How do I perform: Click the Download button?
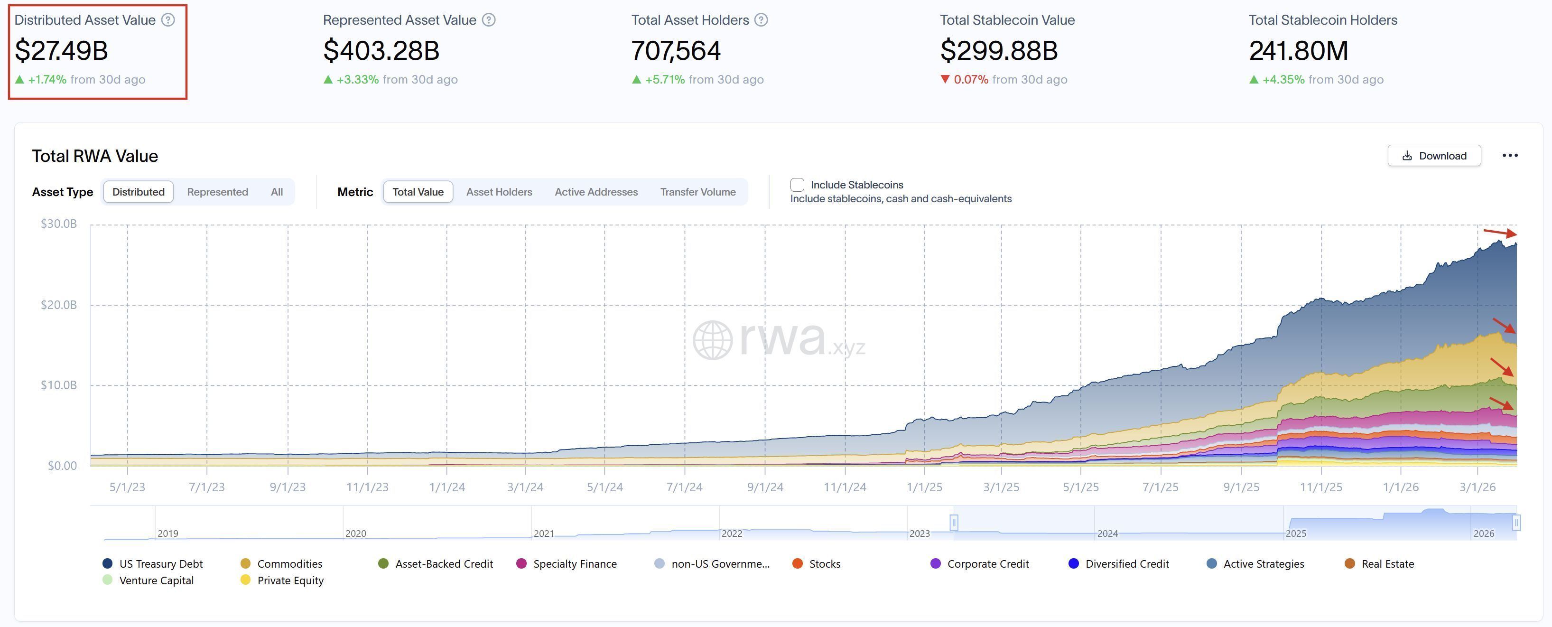(x=1434, y=156)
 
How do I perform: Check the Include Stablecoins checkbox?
(x=797, y=185)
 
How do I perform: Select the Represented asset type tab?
(x=217, y=192)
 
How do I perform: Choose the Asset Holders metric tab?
(x=499, y=192)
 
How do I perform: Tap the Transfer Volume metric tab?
(x=697, y=192)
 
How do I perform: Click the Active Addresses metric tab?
(x=596, y=192)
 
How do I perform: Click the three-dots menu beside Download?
(x=1510, y=156)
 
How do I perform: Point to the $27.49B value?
(x=62, y=50)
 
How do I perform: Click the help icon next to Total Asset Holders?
(x=761, y=20)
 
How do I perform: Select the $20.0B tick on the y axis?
(x=58, y=304)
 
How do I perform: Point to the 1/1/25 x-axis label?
(x=924, y=487)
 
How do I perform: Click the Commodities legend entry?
(x=289, y=564)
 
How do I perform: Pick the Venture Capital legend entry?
(x=156, y=580)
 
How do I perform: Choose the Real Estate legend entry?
(x=1387, y=564)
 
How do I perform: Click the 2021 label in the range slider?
(x=543, y=533)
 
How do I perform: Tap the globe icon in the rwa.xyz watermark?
(x=712, y=340)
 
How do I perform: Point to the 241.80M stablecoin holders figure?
(x=1298, y=50)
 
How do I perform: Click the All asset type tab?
(x=277, y=192)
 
